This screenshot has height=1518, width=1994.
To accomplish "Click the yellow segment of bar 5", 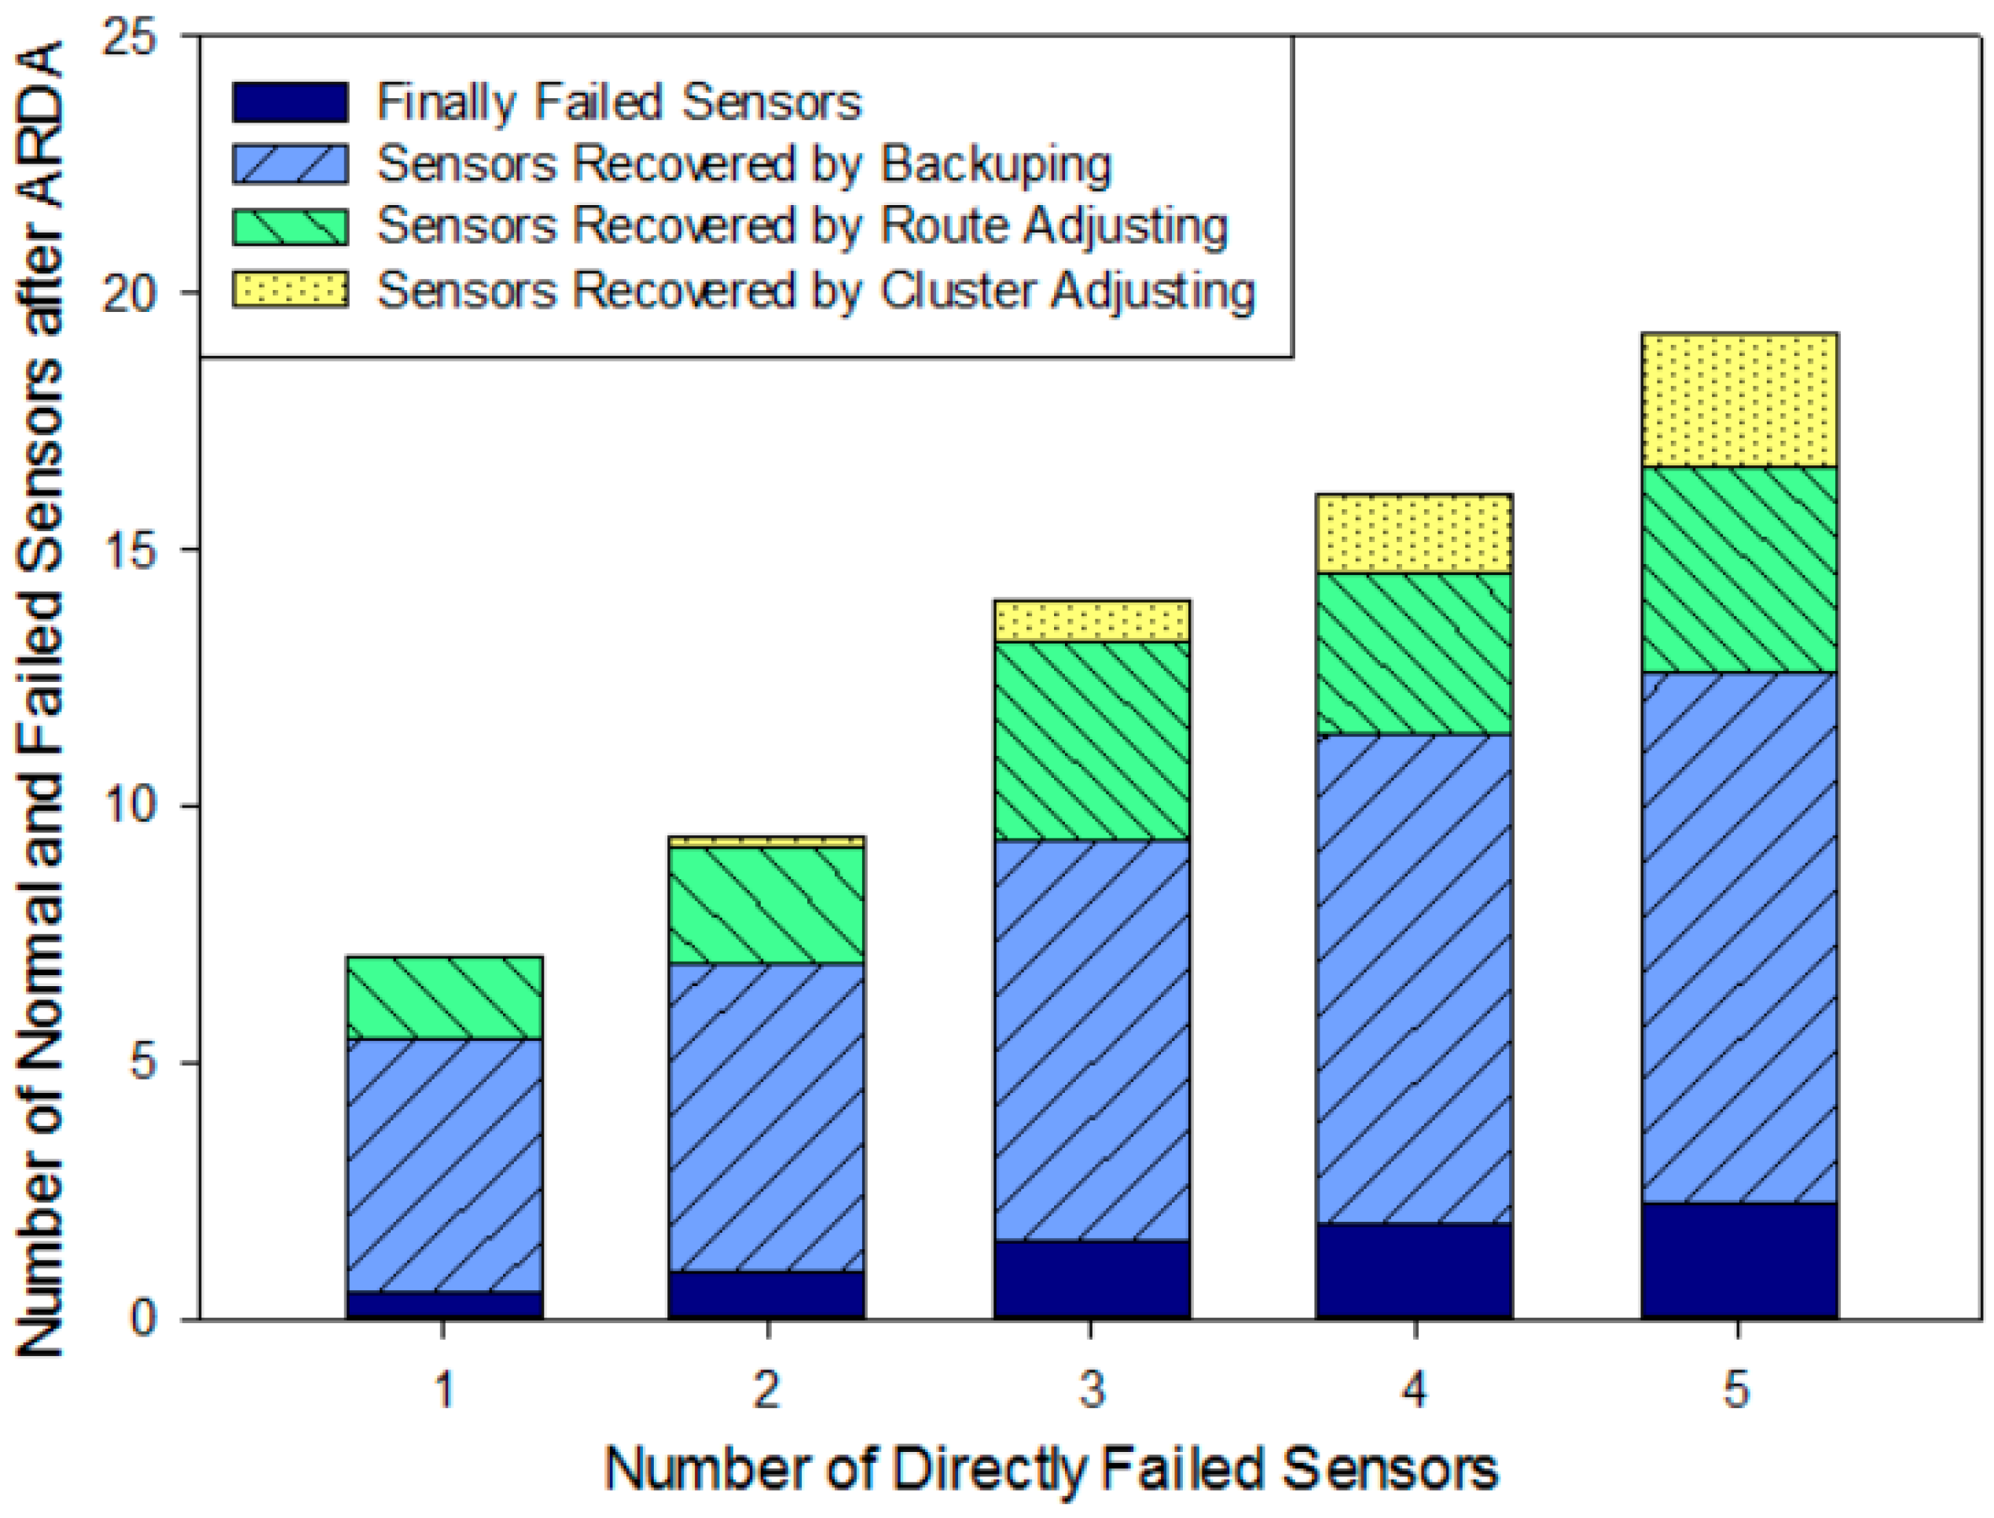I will click(1739, 400).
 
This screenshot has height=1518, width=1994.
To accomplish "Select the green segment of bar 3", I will click(1091, 741).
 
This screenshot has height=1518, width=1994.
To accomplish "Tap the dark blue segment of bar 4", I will click(1415, 1270).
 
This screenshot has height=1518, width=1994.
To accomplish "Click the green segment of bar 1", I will click(444, 998).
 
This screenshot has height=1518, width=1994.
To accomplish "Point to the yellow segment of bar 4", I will click(1415, 534).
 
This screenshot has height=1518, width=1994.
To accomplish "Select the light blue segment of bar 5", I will click(1739, 937).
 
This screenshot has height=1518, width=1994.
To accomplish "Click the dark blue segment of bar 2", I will click(766, 1295).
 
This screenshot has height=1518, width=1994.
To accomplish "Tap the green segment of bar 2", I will click(766, 906).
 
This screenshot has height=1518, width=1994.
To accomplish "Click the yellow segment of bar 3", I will click(1091, 621).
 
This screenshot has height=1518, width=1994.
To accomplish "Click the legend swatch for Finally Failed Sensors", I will click(290, 102).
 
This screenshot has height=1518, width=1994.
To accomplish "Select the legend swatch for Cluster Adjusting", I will click(290, 290).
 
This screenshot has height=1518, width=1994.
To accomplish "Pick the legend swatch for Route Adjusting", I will click(290, 227).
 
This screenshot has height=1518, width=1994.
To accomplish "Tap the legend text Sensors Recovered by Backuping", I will click(743, 165).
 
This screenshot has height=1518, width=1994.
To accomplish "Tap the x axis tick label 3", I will click(1091, 1391).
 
